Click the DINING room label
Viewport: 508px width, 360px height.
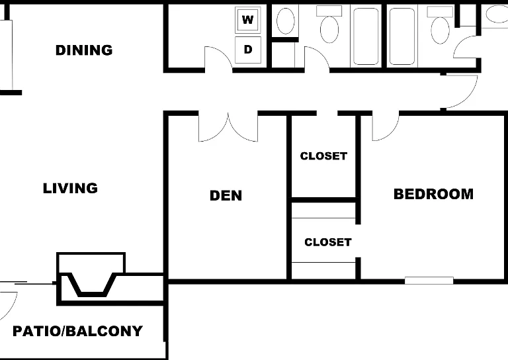[84, 50]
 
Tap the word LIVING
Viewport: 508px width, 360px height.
[70, 188]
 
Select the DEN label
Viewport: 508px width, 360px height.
[226, 195]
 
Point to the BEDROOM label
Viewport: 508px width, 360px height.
[433, 194]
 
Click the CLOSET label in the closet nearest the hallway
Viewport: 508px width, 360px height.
[323, 156]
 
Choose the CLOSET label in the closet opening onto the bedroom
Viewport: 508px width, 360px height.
[328, 242]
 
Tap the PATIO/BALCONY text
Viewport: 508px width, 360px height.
[78, 331]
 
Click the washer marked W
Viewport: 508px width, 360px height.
[248, 20]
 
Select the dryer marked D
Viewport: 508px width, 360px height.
[248, 50]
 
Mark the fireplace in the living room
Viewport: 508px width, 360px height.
[91, 279]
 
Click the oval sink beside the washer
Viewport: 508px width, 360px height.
[286, 21]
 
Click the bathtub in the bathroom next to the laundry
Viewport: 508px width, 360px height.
[366, 36]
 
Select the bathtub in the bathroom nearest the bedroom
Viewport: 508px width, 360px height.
[402, 36]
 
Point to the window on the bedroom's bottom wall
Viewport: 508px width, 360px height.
[429, 281]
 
